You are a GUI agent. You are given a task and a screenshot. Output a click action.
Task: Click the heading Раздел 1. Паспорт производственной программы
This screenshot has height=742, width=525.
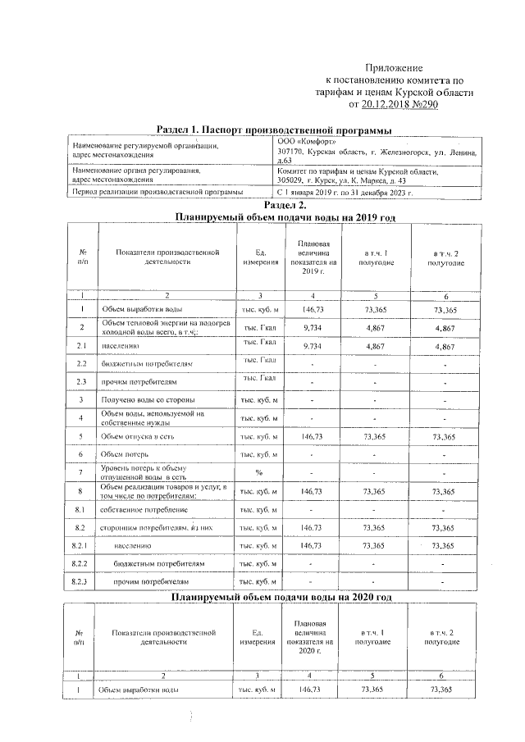tap(273, 131)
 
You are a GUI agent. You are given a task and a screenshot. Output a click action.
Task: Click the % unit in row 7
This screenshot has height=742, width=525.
tap(258, 472)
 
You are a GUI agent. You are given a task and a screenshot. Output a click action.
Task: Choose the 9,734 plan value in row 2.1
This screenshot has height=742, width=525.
tap(312, 346)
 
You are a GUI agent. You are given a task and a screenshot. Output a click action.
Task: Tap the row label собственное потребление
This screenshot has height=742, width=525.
tap(139, 509)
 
